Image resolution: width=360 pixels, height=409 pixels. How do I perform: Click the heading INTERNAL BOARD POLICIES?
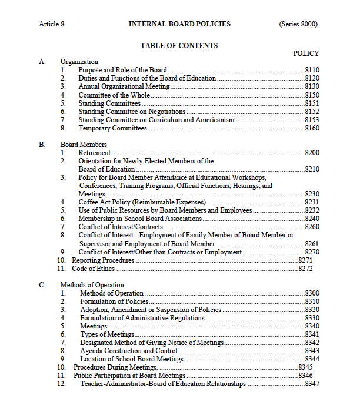pos(179,24)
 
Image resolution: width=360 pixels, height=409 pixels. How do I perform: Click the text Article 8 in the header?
pos(52,24)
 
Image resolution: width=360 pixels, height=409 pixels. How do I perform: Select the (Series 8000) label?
pos(298,24)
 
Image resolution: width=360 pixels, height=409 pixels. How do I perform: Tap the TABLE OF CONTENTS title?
pos(179,45)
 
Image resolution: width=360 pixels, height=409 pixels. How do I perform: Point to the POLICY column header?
pos(306,53)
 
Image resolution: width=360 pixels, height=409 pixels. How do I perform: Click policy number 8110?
pos(312,70)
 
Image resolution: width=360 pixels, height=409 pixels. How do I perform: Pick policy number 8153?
pos(312,120)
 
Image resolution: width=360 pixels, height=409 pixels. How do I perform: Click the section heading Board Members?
pos(84,145)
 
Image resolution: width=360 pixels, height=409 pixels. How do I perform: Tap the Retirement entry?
pos(95,153)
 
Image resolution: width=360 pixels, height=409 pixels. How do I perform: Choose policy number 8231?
pos(312,202)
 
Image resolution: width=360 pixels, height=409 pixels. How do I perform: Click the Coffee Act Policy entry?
pos(141,202)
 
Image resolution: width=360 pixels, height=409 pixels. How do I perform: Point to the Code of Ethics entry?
pos(93,269)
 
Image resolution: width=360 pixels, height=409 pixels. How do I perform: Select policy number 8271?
pos(305,260)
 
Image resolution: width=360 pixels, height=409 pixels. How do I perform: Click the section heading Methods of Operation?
pos(92,285)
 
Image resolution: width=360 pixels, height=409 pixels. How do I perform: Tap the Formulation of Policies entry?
pos(114,301)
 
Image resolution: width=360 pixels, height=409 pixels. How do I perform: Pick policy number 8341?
pos(312,334)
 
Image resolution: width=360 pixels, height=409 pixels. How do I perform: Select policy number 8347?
pos(312,384)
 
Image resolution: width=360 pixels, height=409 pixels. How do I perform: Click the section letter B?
pos(42,145)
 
